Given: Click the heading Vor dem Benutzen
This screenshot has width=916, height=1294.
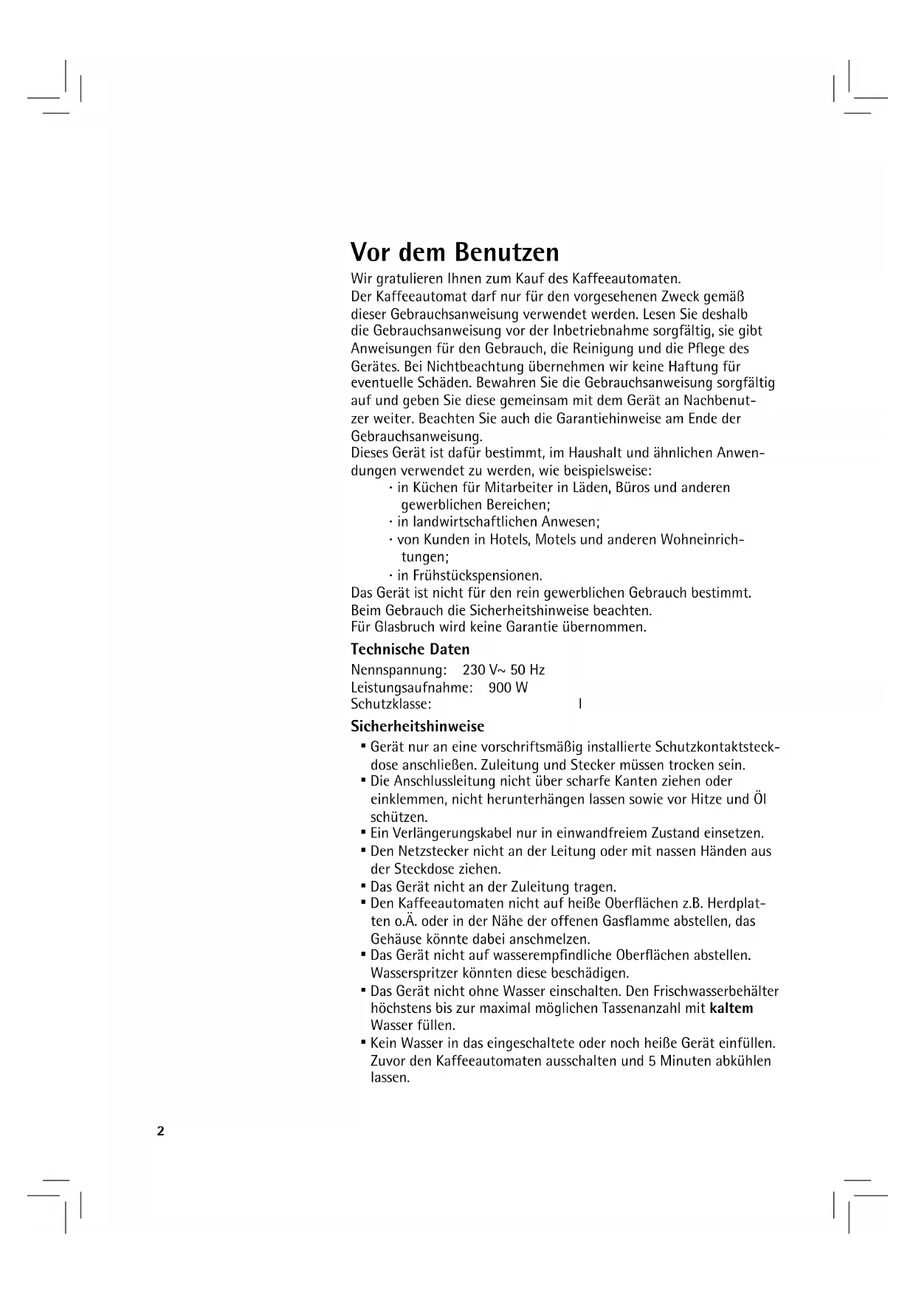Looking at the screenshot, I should click(455, 253).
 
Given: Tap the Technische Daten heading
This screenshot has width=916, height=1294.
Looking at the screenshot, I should click(410, 649).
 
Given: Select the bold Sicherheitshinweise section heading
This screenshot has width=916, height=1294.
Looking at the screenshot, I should click(417, 727).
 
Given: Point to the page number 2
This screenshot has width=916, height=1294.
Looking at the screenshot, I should click(160, 1132).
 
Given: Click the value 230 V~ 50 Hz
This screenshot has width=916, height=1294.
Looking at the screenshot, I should click(503, 671).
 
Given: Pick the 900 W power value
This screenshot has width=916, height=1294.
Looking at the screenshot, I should click(508, 688).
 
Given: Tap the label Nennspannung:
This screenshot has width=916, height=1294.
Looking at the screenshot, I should click(399, 671).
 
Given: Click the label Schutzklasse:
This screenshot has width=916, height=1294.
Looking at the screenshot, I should click(391, 705).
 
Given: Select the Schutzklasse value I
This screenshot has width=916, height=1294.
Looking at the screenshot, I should click(580, 705).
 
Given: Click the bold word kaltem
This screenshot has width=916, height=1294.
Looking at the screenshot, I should click(731, 1008).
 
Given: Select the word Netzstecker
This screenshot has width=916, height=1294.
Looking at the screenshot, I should click(440, 851).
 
